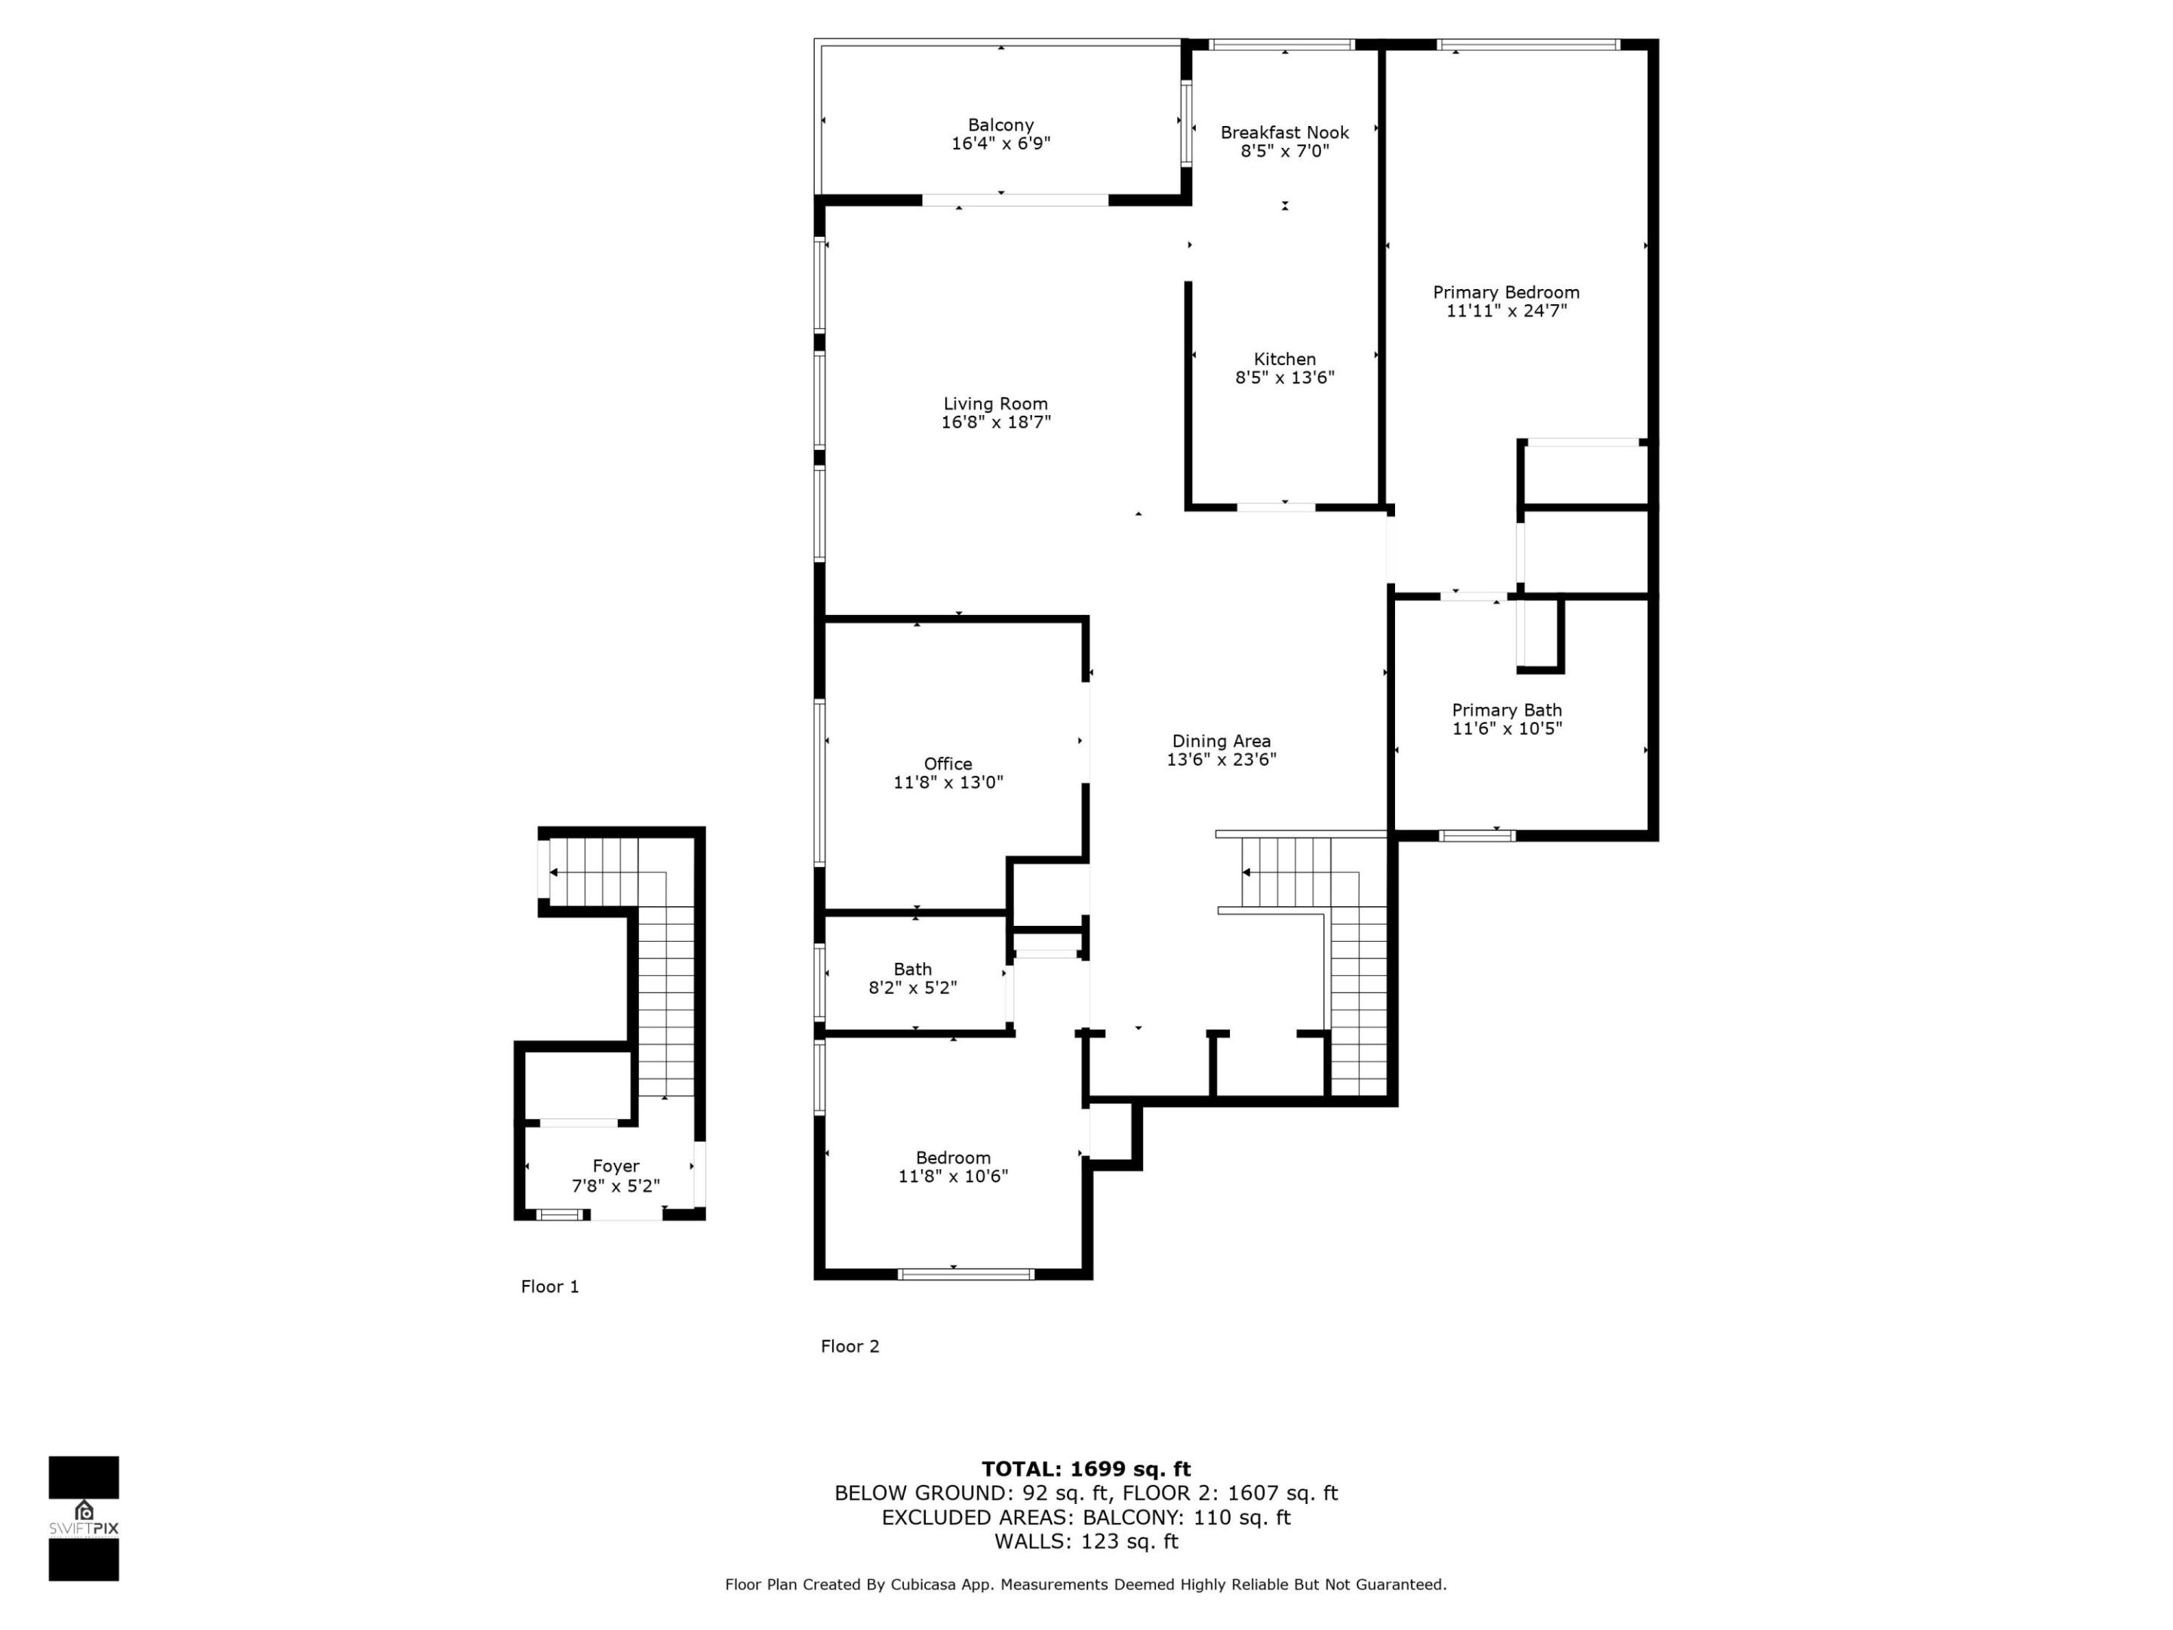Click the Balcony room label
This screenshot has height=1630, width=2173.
click(x=1000, y=125)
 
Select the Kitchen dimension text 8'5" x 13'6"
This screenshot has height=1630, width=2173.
click(x=1284, y=377)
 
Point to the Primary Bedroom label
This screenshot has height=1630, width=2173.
click(x=1505, y=293)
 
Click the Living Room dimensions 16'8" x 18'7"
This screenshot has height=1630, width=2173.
click(x=995, y=423)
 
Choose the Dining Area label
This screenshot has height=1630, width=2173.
click(x=1221, y=741)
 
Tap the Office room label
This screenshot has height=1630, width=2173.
click(x=947, y=764)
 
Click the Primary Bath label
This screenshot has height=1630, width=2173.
click(x=1506, y=710)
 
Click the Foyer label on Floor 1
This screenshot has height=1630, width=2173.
click(x=616, y=1166)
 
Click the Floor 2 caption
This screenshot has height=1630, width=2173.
click(x=850, y=1347)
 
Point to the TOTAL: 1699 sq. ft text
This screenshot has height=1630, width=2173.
click(x=1086, y=1469)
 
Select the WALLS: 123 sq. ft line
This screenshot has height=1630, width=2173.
click(x=1086, y=1542)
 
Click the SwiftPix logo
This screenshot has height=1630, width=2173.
click(x=84, y=1518)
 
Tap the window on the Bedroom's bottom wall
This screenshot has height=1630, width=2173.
click(x=965, y=1275)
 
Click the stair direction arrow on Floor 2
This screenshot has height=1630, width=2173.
click(x=1246, y=872)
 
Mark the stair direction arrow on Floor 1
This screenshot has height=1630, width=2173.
click(x=553, y=872)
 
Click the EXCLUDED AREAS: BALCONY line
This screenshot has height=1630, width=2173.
click(x=1086, y=1517)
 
